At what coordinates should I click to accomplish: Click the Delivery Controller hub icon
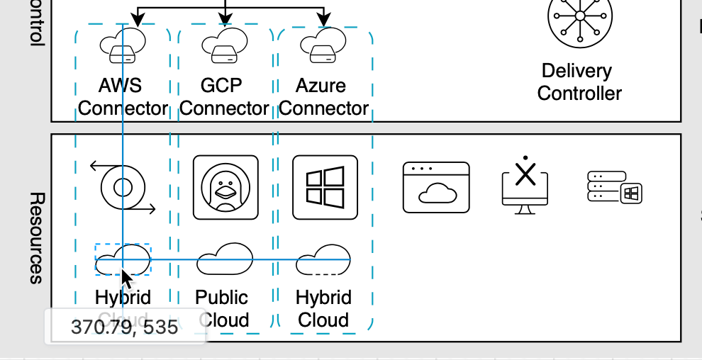click(x=579, y=17)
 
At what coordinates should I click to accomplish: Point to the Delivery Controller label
click(x=579, y=81)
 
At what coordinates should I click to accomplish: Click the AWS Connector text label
click(x=122, y=97)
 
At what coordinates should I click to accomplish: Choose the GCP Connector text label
click(x=224, y=97)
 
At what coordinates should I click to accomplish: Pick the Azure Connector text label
click(x=323, y=97)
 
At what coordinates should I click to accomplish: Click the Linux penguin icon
click(x=225, y=188)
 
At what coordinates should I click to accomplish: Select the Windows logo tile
click(x=325, y=188)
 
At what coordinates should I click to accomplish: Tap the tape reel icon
click(x=123, y=188)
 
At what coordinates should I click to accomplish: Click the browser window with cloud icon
click(x=436, y=188)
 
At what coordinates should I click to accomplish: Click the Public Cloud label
click(x=223, y=308)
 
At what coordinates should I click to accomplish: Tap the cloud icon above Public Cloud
click(x=224, y=259)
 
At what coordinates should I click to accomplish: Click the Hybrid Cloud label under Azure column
click(x=323, y=308)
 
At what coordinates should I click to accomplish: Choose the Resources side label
click(x=37, y=237)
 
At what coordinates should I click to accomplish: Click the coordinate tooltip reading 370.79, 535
click(x=125, y=327)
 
